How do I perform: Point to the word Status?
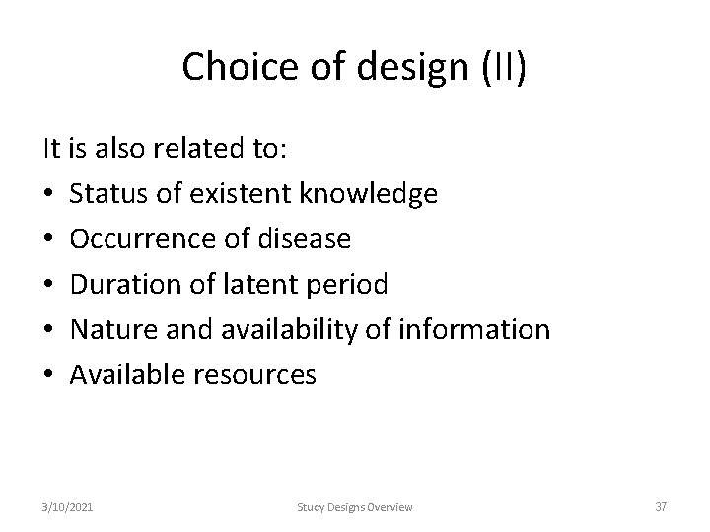[x=109, y=195]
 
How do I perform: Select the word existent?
[x=238, y=195]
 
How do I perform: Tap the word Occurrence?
[x=133, y=239]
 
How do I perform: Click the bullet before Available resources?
[x=48, y=374]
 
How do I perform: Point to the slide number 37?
[x=660, y=507]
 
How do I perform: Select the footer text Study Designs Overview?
[x=356, y=507]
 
